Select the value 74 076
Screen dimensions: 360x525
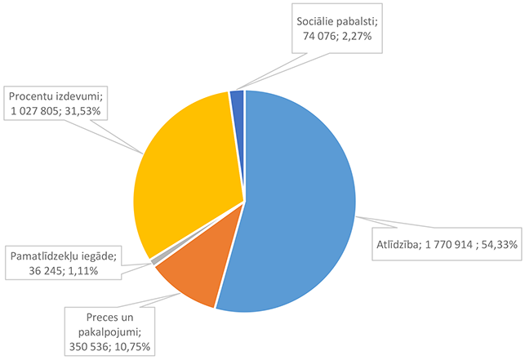320,37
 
